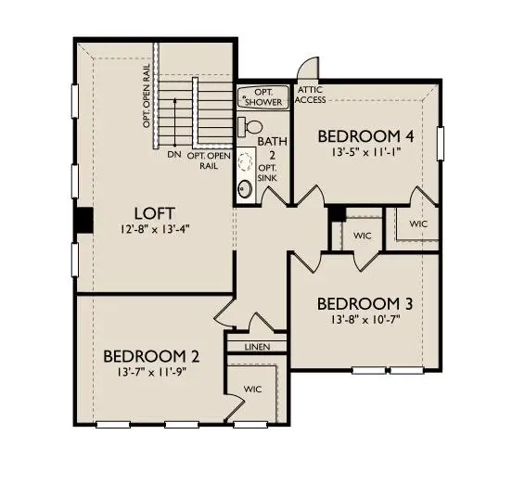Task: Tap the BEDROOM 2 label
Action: (150, 356)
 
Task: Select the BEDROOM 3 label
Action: (365, 304)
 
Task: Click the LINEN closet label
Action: (258, 347)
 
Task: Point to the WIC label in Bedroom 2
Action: (252, 390)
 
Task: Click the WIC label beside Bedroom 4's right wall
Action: (419, 224)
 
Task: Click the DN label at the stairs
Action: (173, 155)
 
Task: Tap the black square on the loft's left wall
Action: (83, 221)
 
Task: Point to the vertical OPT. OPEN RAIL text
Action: (147, 96)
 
